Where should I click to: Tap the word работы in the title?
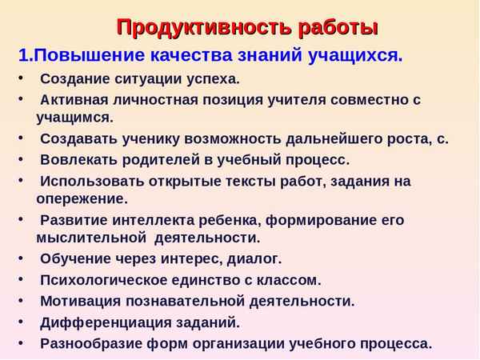334,27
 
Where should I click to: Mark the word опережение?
82,198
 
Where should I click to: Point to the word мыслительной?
88,238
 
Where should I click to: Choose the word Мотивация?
80,302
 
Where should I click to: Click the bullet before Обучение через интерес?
21,258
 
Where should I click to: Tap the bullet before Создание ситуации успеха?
21,79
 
